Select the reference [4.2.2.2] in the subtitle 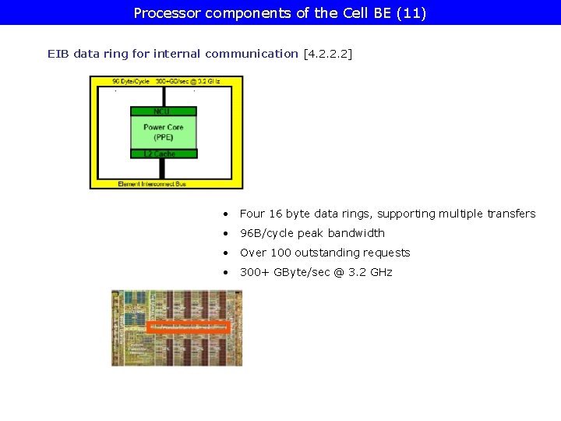[x=326, y=54]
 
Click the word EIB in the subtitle [x=58, y=54]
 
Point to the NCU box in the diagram [x=163, y=111]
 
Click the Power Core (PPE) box [x=163, y=132]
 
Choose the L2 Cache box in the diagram [x=163, y=154]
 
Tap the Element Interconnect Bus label [x=152, y=184]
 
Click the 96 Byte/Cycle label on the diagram [x=131, y=81]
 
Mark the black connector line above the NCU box [x=163, y=97]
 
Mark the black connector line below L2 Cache [x=163, y=167]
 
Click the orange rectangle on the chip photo [x=188, y=327]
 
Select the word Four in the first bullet [x=252, y=214]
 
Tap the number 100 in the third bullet [x=280, y=253]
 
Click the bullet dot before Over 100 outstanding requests [x=224, y=253]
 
